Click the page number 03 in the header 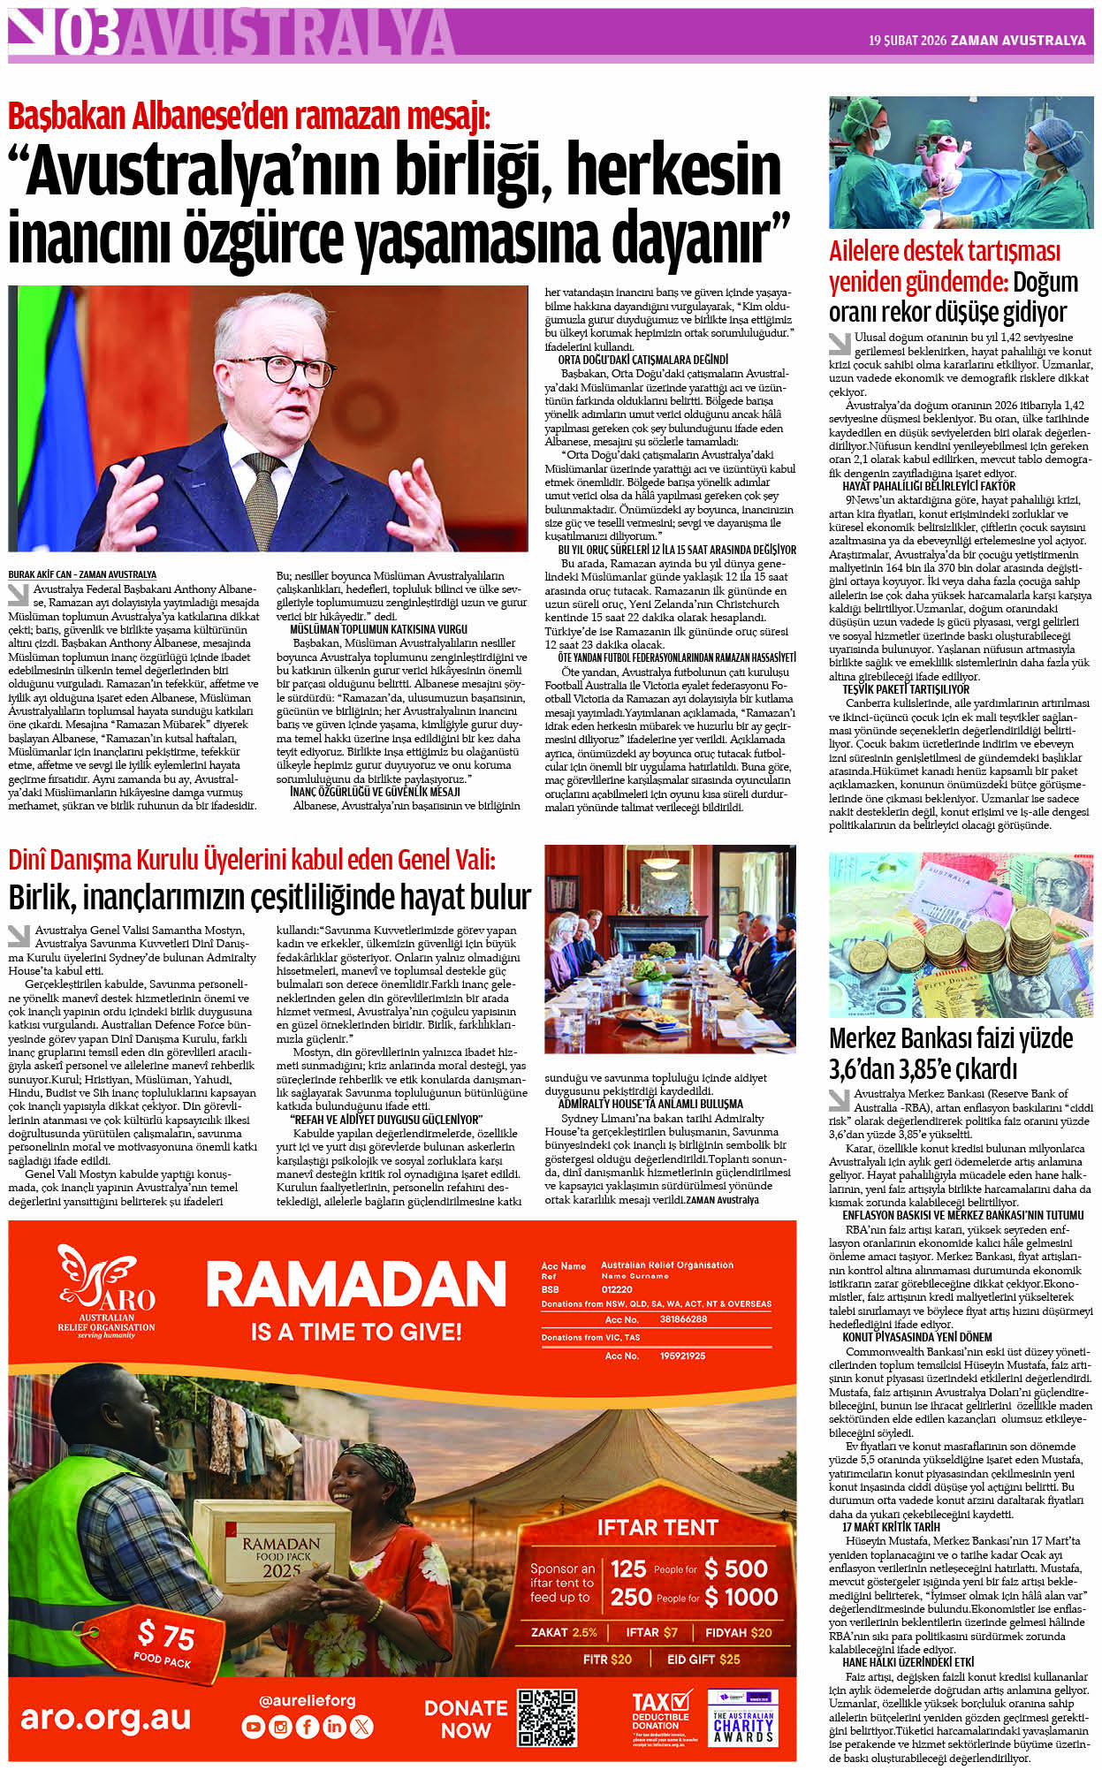click(x=88, y=35)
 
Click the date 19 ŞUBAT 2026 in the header click(x=907, y=41)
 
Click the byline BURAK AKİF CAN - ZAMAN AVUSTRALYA click(x=82, y=574)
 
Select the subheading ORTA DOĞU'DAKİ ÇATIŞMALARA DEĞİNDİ click(x=642, y=360)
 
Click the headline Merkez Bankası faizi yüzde click(x=951, y=1038)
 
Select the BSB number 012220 click(x=617, y=1289)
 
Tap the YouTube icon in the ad click(x=254, y=1726)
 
